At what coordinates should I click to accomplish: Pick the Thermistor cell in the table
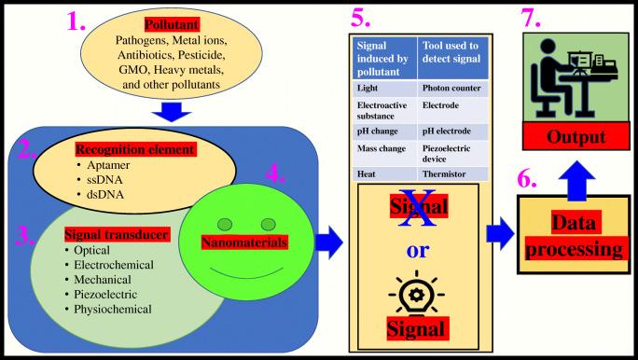click(445, 174)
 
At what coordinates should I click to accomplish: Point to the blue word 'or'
click(417, 252)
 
